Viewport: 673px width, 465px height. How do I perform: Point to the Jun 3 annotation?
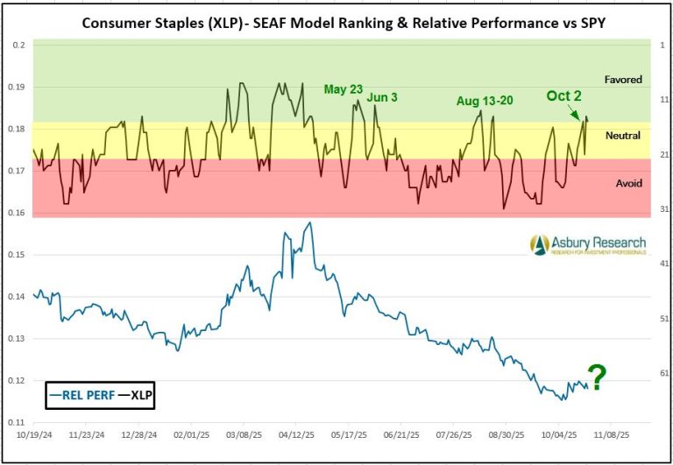tap(382, 97)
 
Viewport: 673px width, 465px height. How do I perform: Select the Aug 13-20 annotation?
tap(485, 102)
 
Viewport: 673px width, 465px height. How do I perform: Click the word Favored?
tap(623, 80)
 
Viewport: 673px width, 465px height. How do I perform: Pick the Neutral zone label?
tap(623, 136)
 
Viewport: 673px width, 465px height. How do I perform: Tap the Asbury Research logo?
tap(588, 244)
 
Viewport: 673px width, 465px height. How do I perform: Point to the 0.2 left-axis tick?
tap(18, 44)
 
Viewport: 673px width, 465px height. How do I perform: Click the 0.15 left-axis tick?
tap(17, 255)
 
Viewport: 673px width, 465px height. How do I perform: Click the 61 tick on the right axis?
tap(663, 374)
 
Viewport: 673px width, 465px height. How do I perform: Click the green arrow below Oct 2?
tap(573, 112)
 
